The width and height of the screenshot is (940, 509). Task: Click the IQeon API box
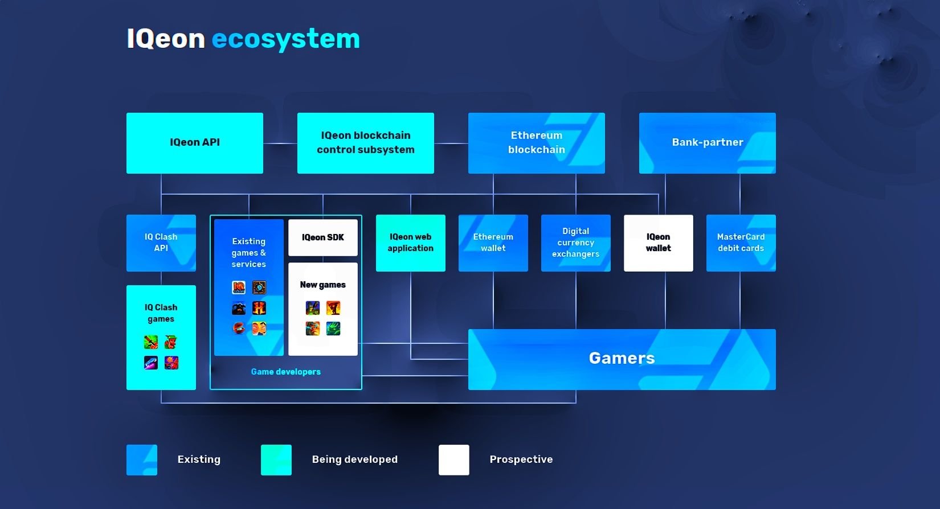pyautogui.click(x=195, y=143)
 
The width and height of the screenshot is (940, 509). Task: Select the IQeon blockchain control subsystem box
pyautogui.click(x=366, y=143)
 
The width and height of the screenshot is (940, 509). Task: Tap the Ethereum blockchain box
pyautogui.click(x=536, y=143)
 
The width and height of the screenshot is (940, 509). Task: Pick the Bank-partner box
pyautogui.click(x=707, y=143)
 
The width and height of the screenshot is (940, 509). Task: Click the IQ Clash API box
pyautogui.click(x=161, y=243)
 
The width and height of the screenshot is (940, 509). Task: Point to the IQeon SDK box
pyautogui.click(x=323, y=237)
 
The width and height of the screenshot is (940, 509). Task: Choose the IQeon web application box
pyautogui.click(x=410, y=243)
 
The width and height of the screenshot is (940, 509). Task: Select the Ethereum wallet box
pyautogui.click(x=493, y=243)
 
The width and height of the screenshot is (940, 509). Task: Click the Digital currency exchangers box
pyautogui.click(x=575, y=243)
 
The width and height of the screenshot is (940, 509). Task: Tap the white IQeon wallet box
pyautogui.click(x=658, y=243)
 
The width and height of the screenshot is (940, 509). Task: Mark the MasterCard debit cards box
pyautogui.click(x=741, y=243)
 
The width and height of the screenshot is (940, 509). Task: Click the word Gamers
pyautogui.click(x=622, y=358)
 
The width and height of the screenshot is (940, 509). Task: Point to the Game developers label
pyautogui.click(x=286, y=372)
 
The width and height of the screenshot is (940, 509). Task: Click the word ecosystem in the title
pyautogui.click(x=285, y=39)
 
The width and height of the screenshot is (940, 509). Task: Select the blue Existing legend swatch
pyautogui.click(x=142, y=459)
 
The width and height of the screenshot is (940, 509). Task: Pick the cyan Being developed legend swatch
pyautogui.click(x=276, y=459)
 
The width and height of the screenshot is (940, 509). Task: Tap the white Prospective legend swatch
pyautogui.click(x=454, y=459)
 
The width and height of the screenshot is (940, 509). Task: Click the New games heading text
pyautogui.click(x=323, y=285)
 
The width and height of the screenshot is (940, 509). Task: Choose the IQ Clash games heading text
pyautogui.click(x=161, y=313)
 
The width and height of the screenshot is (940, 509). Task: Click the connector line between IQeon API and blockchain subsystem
pyautogui.click(x=280, y=143)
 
